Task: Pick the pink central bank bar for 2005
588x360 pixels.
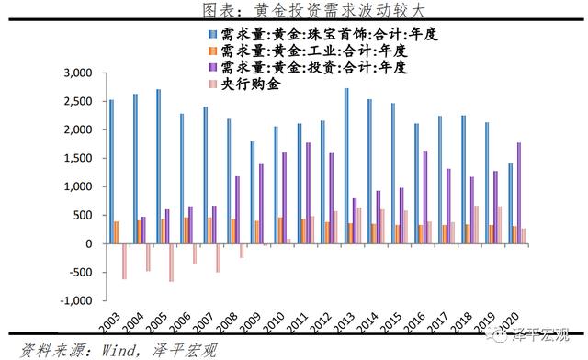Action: [x=171, y=263]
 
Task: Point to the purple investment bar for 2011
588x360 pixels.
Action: [x=307, y=193]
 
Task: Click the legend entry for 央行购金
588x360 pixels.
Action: [x=248, y=84]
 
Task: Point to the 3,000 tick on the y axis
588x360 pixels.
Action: [x=80, y=73]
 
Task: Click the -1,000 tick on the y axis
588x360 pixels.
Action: [x=79, y=301]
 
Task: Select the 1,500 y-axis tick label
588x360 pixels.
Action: [x=80, y=158]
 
